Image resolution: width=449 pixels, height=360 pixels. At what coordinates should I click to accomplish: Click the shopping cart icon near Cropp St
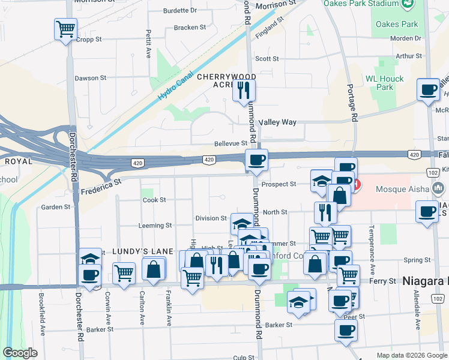click(x=65, y=28)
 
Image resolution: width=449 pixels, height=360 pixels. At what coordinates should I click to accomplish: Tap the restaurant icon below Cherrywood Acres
click(x=244, y=90)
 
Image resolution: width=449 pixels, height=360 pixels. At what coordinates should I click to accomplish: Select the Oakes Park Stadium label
click(x=361, y=4)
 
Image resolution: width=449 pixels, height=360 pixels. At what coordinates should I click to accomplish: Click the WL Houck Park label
click(x=385, y=83)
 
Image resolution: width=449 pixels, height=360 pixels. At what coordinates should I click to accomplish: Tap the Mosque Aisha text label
click(x=402, y=189)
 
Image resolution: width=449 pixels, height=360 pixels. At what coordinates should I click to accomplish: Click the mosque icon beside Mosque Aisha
click(x=439, y=189)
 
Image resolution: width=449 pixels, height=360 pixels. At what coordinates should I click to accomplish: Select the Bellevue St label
click(x=231, y=143)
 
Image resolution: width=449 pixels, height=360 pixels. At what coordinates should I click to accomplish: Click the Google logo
click(x=20, y=353)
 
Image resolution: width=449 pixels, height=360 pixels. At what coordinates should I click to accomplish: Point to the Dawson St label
click(x=90, y=78)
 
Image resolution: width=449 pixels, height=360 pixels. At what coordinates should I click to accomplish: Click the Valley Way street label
click(x=277, y=122)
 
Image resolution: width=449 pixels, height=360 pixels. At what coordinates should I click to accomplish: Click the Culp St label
click(x=244, y=357)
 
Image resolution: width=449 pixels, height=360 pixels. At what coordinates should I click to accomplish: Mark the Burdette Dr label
click(x=180, y=10)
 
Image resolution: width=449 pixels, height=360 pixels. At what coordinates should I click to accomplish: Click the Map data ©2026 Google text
click(x=411, y=355)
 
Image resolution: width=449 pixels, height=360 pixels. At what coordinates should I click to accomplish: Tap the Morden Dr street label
click(x=406, y=38)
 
